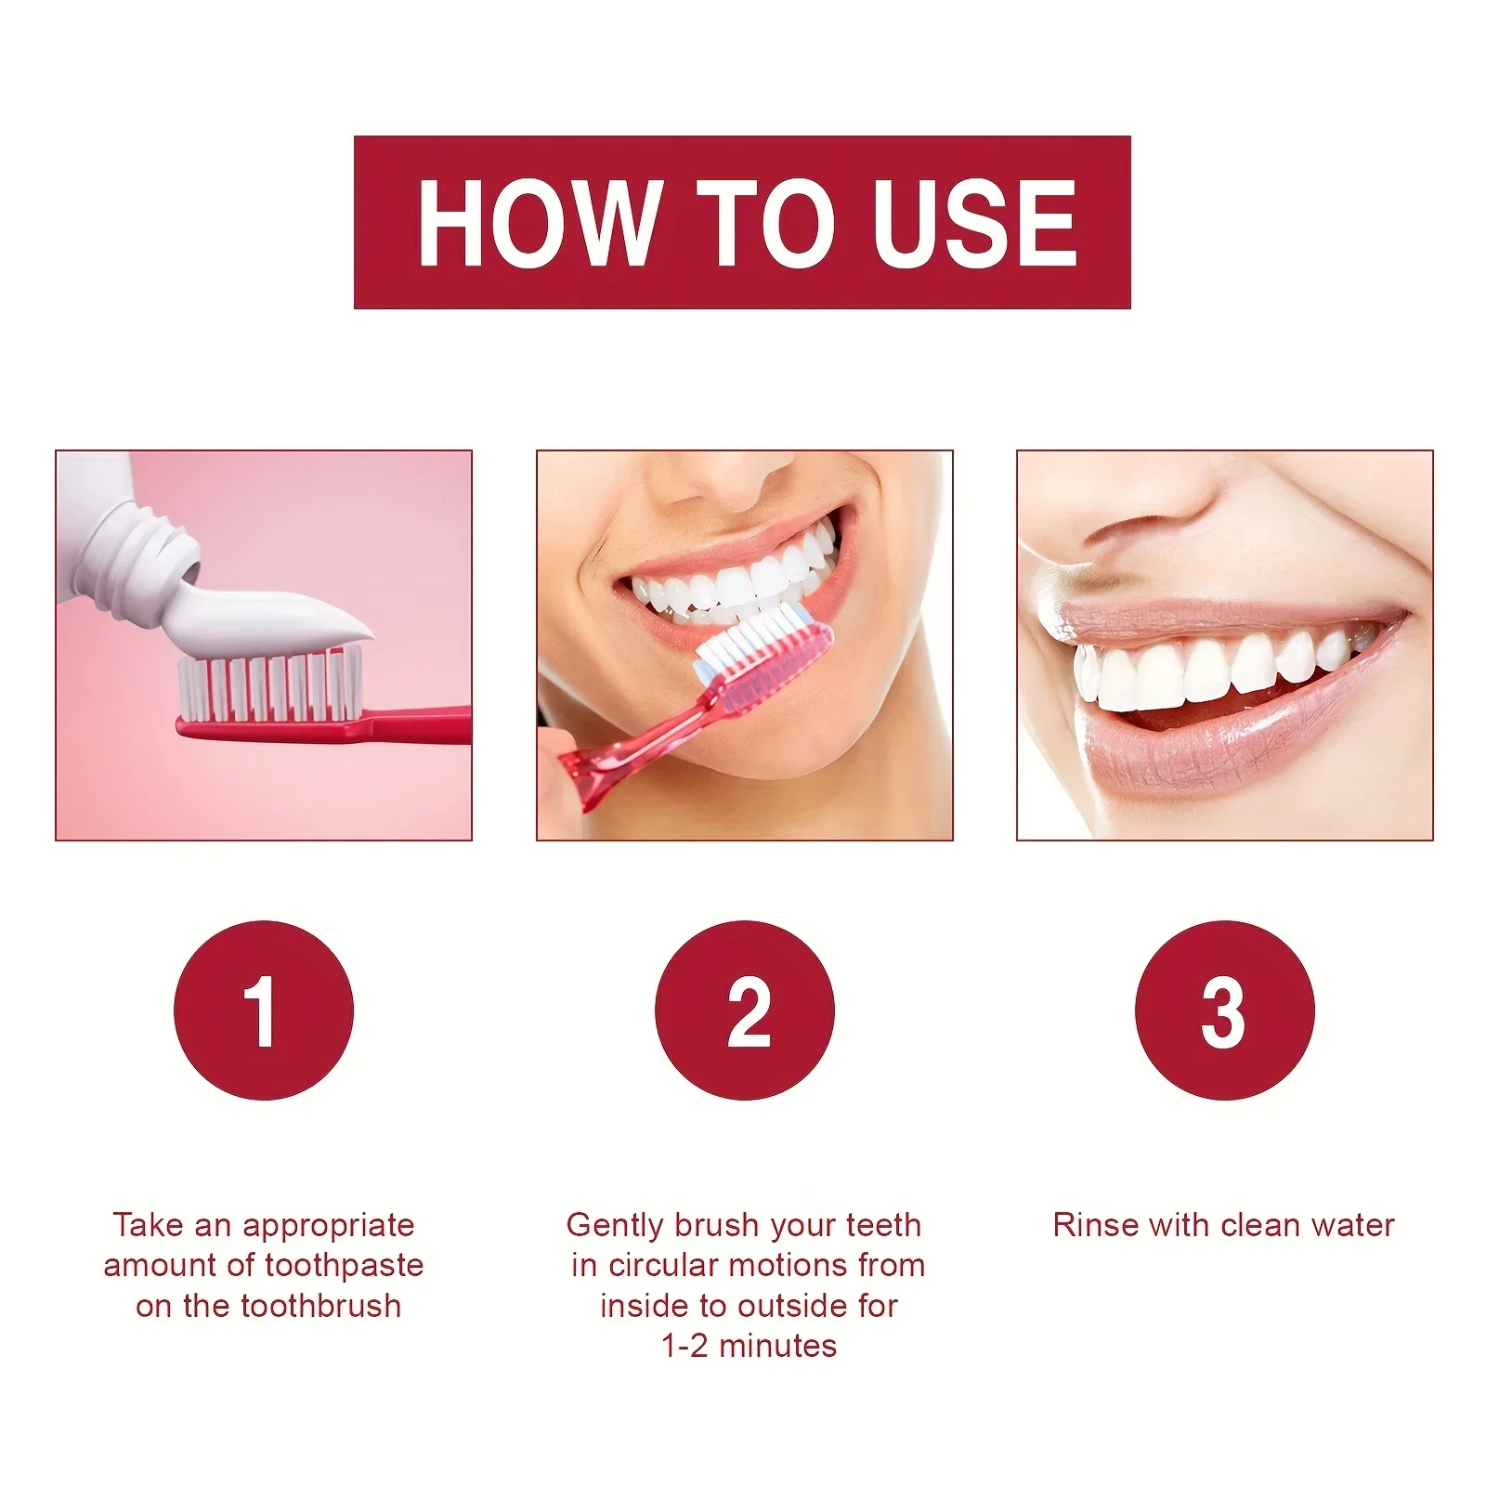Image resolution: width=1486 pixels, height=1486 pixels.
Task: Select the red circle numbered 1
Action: (x=264, y=1010)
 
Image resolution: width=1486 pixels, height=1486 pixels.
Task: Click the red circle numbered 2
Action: (x=744, y=1010)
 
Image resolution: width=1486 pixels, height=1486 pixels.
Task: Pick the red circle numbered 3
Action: (x=1224, y=1010)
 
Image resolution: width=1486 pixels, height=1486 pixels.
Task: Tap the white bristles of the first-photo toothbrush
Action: (x=269, y=687)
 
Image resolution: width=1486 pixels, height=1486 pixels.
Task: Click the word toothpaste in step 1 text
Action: (x=343, y=1265)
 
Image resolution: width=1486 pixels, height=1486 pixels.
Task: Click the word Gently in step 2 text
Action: (x=615, y=1225)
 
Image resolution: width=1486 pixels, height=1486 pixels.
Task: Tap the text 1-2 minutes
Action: (x=749, y=1346)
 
